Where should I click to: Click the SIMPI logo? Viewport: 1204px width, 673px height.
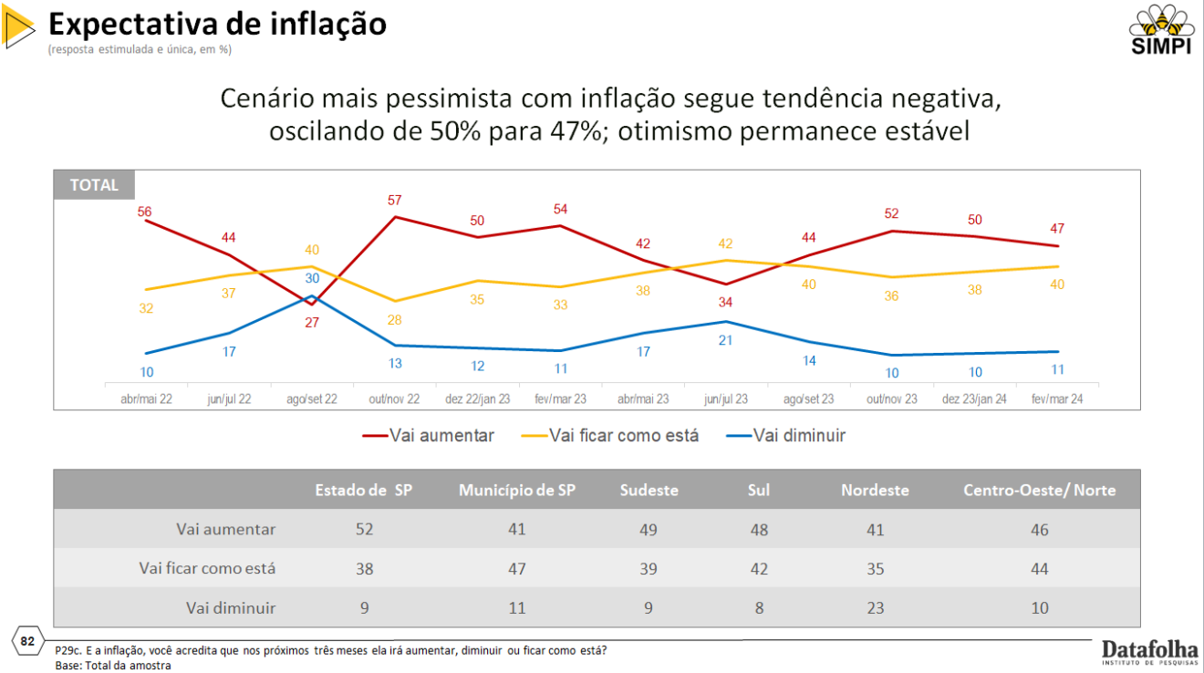pos(1161,30)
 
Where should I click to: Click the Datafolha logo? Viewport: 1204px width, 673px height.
pos(1149,651)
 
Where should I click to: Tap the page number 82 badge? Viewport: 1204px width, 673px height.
pos(27,642)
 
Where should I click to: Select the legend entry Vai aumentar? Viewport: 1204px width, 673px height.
pos(429,436)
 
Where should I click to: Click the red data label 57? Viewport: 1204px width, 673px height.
pos(394,201)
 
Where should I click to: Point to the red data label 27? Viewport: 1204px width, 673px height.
pos(312,322)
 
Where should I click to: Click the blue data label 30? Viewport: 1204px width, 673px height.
pos(312,278)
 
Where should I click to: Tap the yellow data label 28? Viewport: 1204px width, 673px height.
pos(394,320)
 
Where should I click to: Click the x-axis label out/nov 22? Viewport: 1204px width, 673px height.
pos(394,399)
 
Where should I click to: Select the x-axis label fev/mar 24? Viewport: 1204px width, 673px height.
pos(1057,399)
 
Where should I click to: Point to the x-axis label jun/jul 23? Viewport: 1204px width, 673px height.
pos(726,399)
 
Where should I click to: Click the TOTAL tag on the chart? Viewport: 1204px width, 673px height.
pos(94,185)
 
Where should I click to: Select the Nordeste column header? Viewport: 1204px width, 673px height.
pos(875,490)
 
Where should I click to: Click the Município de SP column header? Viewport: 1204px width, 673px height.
pos(517,490)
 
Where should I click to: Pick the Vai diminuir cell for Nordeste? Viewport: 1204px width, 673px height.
pos(875,607)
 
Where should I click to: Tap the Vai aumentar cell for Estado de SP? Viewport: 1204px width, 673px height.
pos(364,529)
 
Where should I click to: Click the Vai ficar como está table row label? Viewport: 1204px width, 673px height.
pos(207,568)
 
